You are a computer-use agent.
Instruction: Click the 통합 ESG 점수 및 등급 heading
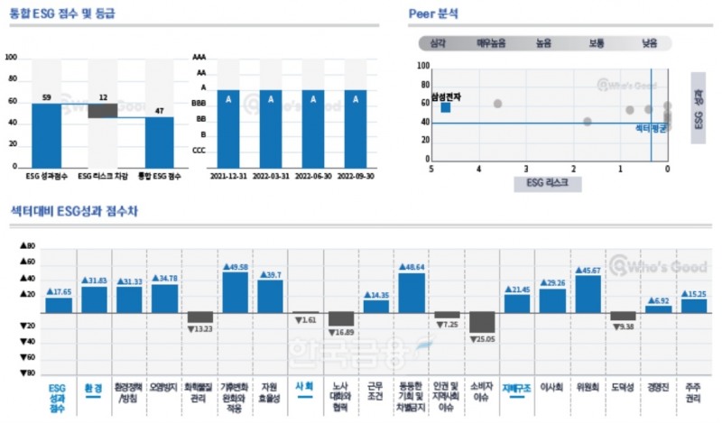click(x=64, y=14)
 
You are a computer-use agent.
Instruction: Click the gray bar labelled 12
click(x=103, y=111)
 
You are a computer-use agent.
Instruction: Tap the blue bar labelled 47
click(x=159, y=141)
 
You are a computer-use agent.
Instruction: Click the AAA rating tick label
click(x=199, y=58)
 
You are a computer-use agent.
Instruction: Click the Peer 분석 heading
click(x=433, y=14)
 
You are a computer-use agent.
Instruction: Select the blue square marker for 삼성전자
click(x=446, y=107)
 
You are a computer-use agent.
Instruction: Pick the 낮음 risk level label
click(x=650, y=42)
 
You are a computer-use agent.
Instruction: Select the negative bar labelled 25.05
click(x=482, y=322)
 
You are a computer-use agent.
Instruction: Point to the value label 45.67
click(x=588, y=270)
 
